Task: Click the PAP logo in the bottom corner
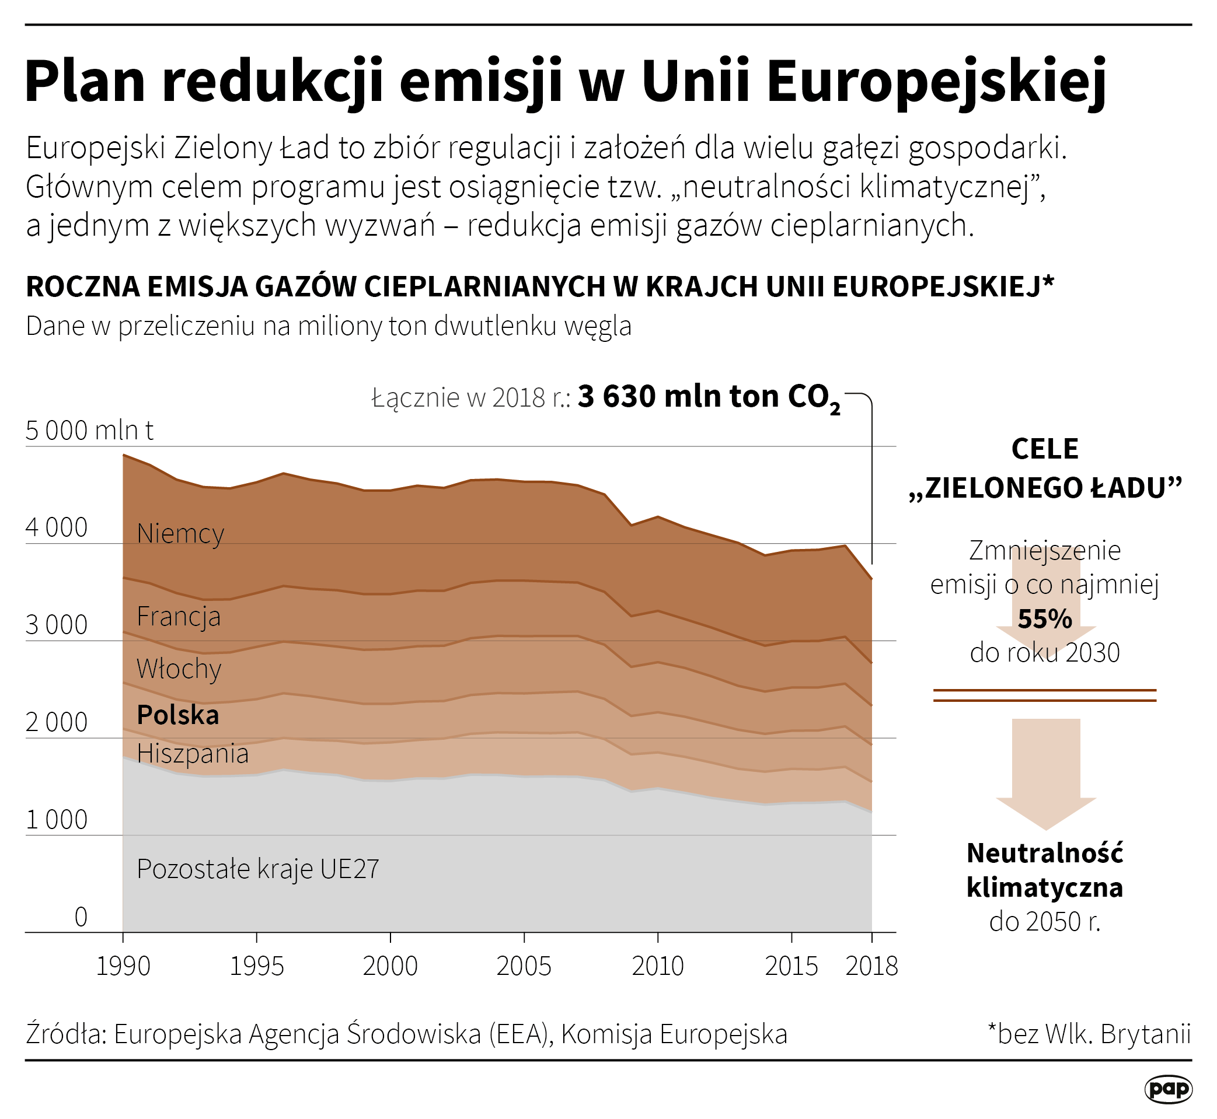[1169, 1089]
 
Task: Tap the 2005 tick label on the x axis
[524, 966]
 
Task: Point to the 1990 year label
[123, 966]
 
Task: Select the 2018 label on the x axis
[871, 966]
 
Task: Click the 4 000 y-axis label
[57, 528]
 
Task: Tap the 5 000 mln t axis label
[89, 431]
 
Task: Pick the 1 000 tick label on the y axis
[57, 820]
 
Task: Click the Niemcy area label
[180, 534]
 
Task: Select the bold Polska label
[177, 715]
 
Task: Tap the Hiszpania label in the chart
[193, 754]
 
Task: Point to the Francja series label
[179, 617]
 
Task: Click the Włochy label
[179, 669]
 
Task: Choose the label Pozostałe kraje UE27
[257, 869]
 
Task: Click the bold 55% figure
[1044, 619]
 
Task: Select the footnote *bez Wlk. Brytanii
[1089, 1034]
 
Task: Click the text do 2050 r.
[1044, 922]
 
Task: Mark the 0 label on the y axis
[81, 917]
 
